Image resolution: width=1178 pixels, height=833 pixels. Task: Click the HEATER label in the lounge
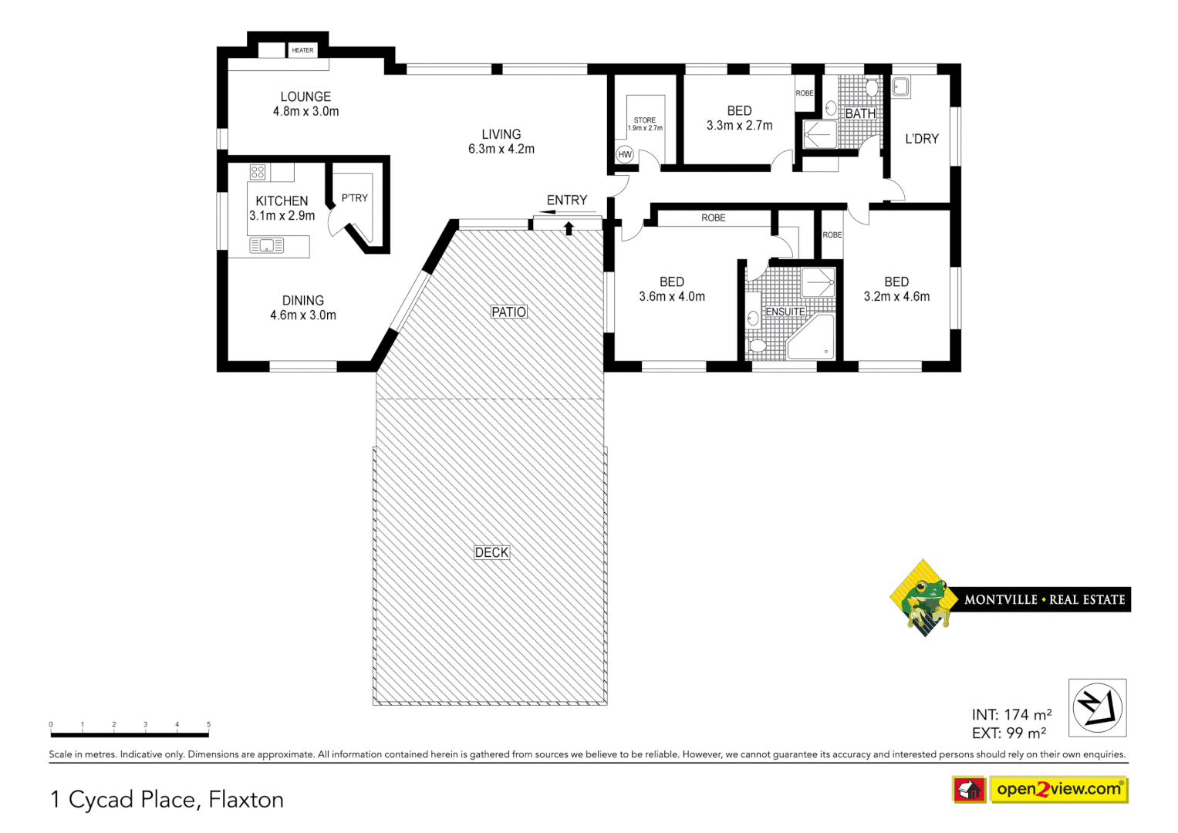coord(302,50)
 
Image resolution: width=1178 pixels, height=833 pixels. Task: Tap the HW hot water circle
coord(625,154)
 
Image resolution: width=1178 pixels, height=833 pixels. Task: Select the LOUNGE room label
coord(305,96)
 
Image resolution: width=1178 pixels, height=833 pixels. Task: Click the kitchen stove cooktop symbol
coord(258,172)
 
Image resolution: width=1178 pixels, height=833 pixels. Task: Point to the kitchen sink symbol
coord(267,246)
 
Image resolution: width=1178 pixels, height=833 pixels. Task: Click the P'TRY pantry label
coord(355,198)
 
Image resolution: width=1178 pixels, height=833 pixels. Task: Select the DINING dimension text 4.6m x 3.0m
coord(303,315)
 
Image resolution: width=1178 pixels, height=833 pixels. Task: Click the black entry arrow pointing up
coord(569,228)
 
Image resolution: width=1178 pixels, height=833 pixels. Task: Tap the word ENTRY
coord(567,201)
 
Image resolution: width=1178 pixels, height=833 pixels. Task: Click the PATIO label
coord(509,312)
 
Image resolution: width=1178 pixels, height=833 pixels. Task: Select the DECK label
coord(492,552)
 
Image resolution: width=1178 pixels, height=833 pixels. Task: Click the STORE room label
coord(645,120)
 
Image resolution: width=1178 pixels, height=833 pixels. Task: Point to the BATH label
coord(860,113)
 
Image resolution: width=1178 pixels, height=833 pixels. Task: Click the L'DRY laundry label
coord(922,139)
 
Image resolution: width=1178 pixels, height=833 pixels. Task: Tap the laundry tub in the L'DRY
coord(900,86)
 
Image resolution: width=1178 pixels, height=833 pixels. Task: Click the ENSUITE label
coord(785,312)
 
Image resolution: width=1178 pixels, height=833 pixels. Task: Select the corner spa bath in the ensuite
coord(812,339)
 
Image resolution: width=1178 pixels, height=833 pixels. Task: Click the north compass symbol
coord(1097,707)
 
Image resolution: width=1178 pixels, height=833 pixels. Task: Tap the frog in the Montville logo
coord(924,597)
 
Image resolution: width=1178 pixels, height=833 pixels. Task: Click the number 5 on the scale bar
coord(208,724)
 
